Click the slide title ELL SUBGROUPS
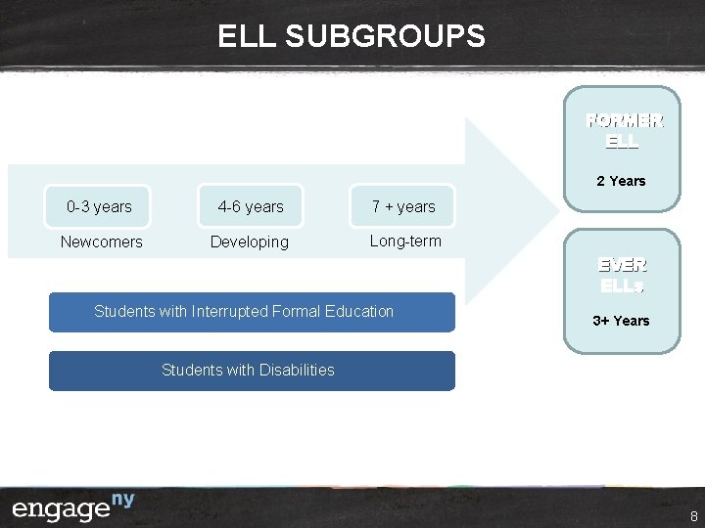tap(352, 36)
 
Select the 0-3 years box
tap(99, 206)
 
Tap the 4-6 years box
tap(251, 206)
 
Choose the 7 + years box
tap(402, 206)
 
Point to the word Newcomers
tap(101, 242)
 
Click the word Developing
tap(250, 242)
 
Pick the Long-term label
tap(405, 241)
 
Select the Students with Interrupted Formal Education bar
tap(252, 312)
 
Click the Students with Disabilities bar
tap(252, 371)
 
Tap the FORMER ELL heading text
tap(624, 130)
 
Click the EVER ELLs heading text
tap(623, 275)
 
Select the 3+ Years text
tap(622, 321)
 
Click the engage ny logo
tap(73, 507)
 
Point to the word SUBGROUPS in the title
tap(385, 36)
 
